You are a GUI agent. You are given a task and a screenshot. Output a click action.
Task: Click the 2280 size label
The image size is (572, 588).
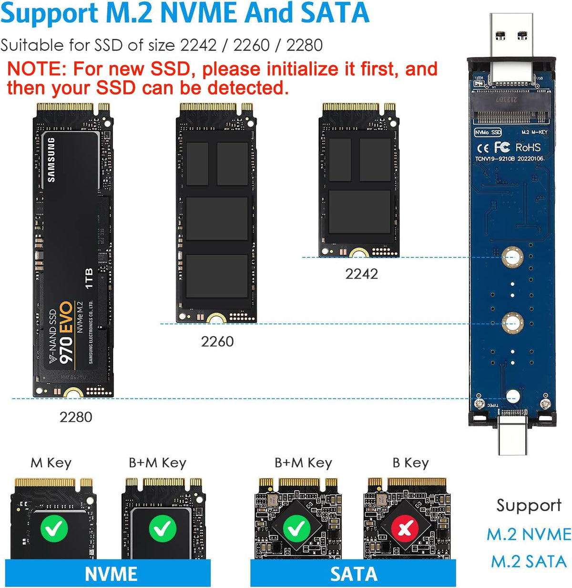[x=75, y=417]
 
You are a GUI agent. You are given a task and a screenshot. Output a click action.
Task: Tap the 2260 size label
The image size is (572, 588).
[x=217, y=342]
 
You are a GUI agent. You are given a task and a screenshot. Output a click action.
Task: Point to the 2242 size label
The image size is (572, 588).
[x=361, y=274]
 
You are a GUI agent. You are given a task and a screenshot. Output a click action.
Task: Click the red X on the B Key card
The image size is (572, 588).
[x=405, y=529]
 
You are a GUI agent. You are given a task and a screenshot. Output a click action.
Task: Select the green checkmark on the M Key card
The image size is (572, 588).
[x=54, y=529]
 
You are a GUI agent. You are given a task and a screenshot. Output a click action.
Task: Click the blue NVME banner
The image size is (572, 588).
[x=111, y=573]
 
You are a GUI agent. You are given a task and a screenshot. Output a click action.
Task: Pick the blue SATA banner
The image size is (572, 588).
[x=353, y=573]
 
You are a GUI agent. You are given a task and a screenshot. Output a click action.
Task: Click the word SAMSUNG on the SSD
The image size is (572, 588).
[x=51, y=160]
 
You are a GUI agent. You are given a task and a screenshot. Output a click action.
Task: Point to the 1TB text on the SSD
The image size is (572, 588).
[x=89, y=279]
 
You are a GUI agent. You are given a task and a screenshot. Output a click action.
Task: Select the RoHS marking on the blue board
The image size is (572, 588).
[x=528, y=147]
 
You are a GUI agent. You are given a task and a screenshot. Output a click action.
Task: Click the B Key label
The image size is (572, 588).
[x=410, y=463]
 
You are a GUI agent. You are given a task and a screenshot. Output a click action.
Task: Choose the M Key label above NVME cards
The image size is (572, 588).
[x=51, y=463]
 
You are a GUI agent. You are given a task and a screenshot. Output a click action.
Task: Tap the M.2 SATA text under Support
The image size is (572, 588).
[x=529, y=561]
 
